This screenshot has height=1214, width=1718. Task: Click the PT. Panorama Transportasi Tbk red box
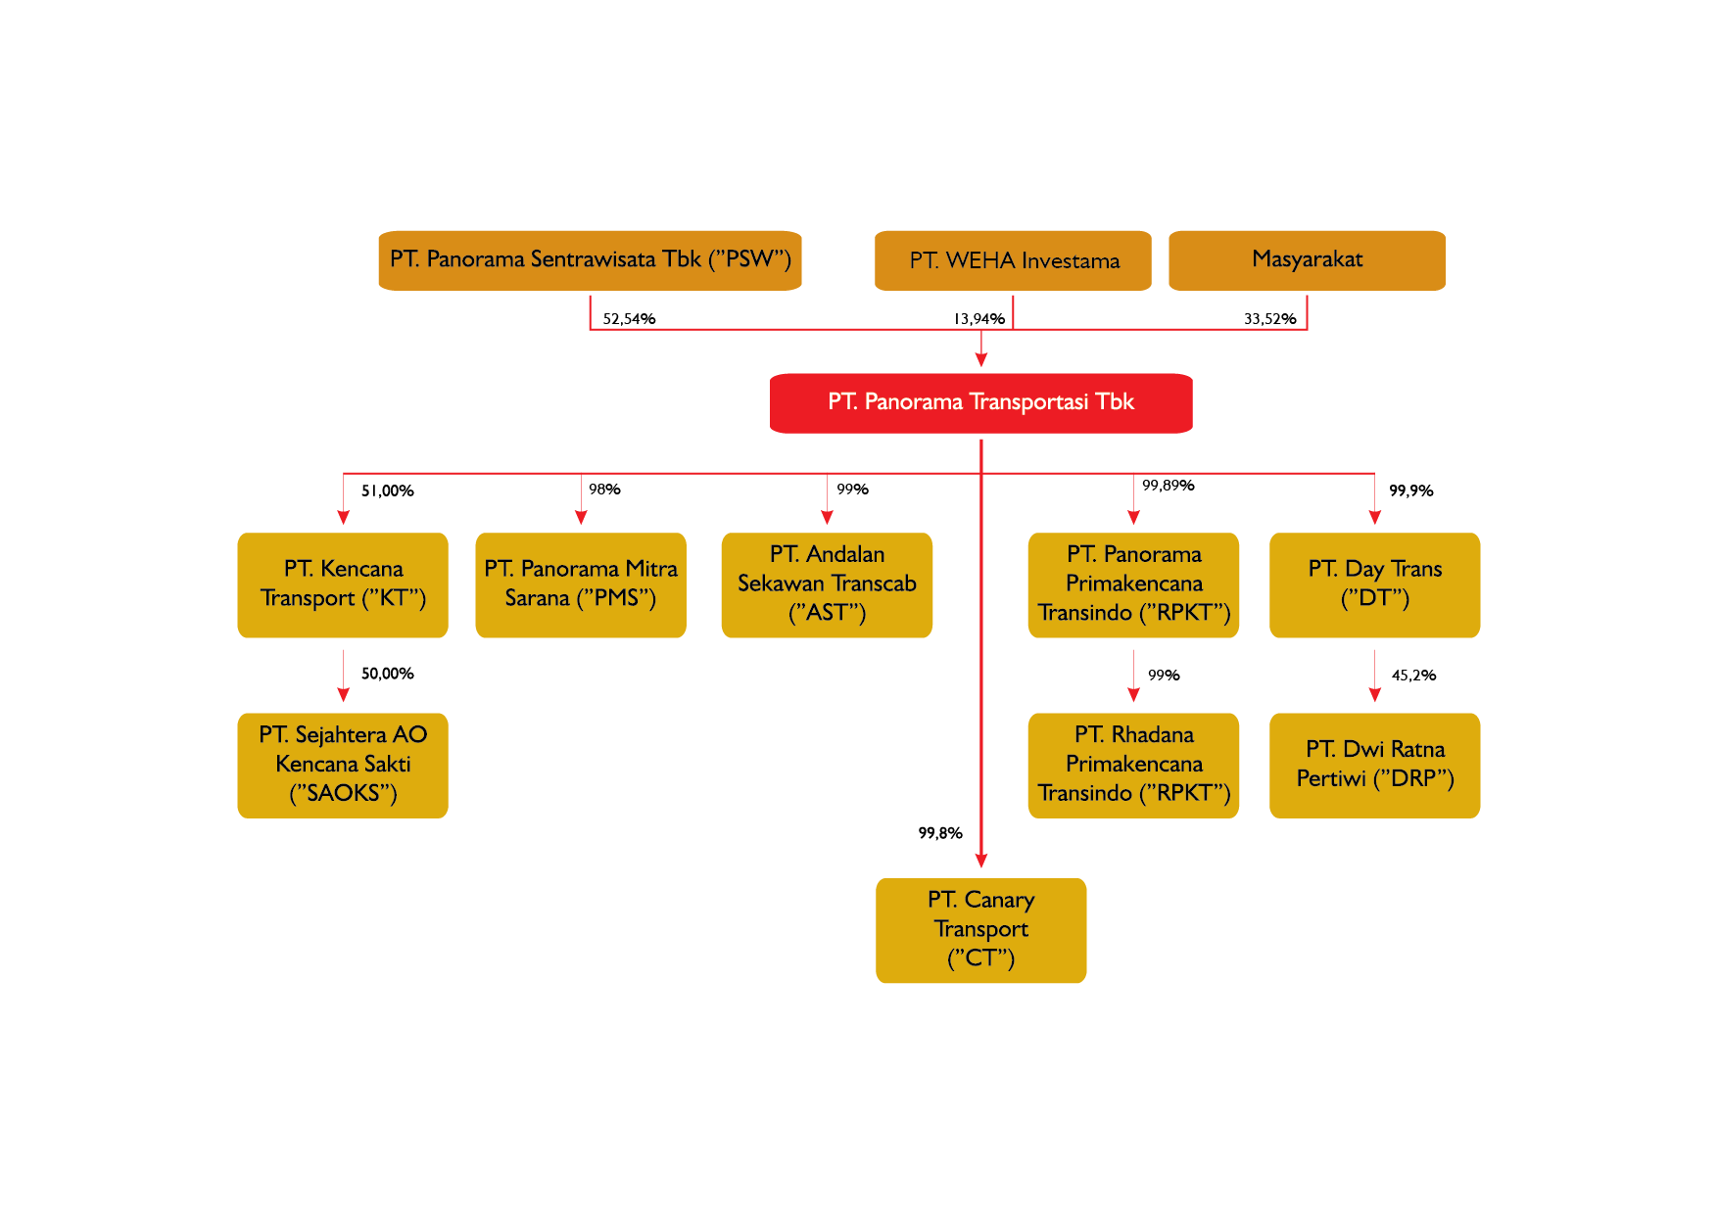pos(980,402)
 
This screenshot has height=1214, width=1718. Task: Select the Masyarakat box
pos(1307,260)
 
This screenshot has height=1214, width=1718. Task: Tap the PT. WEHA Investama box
pos(1013,260)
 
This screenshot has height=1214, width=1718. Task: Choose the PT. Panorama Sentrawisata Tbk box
pos(590,260)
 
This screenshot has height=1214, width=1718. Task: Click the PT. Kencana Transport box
pos(343,584)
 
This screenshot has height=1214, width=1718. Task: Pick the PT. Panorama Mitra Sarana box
pos(581,584)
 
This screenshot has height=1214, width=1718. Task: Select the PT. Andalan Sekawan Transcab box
pos(827,584)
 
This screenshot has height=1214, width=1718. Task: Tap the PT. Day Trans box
pos(1374,584)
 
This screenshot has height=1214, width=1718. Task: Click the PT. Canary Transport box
pos(980,930)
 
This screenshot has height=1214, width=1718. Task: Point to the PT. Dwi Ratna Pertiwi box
pos(1374,765)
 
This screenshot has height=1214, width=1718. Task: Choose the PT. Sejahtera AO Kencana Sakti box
pos(343,765)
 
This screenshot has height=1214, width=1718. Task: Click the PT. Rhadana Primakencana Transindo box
pos(1133,765)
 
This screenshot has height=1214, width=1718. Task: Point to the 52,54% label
pos(629,319)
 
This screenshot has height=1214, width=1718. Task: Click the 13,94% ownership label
pos(978,319)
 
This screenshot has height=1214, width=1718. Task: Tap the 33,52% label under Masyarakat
pos(1269,319)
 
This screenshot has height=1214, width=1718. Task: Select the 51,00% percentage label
pos(387,490)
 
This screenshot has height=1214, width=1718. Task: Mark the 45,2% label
pos(1413,676)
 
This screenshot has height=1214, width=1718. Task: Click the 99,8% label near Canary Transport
pos(939,833)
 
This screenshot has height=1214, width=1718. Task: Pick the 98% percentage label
pos(604,490)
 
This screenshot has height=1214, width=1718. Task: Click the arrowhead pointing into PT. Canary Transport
pos(980,861)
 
